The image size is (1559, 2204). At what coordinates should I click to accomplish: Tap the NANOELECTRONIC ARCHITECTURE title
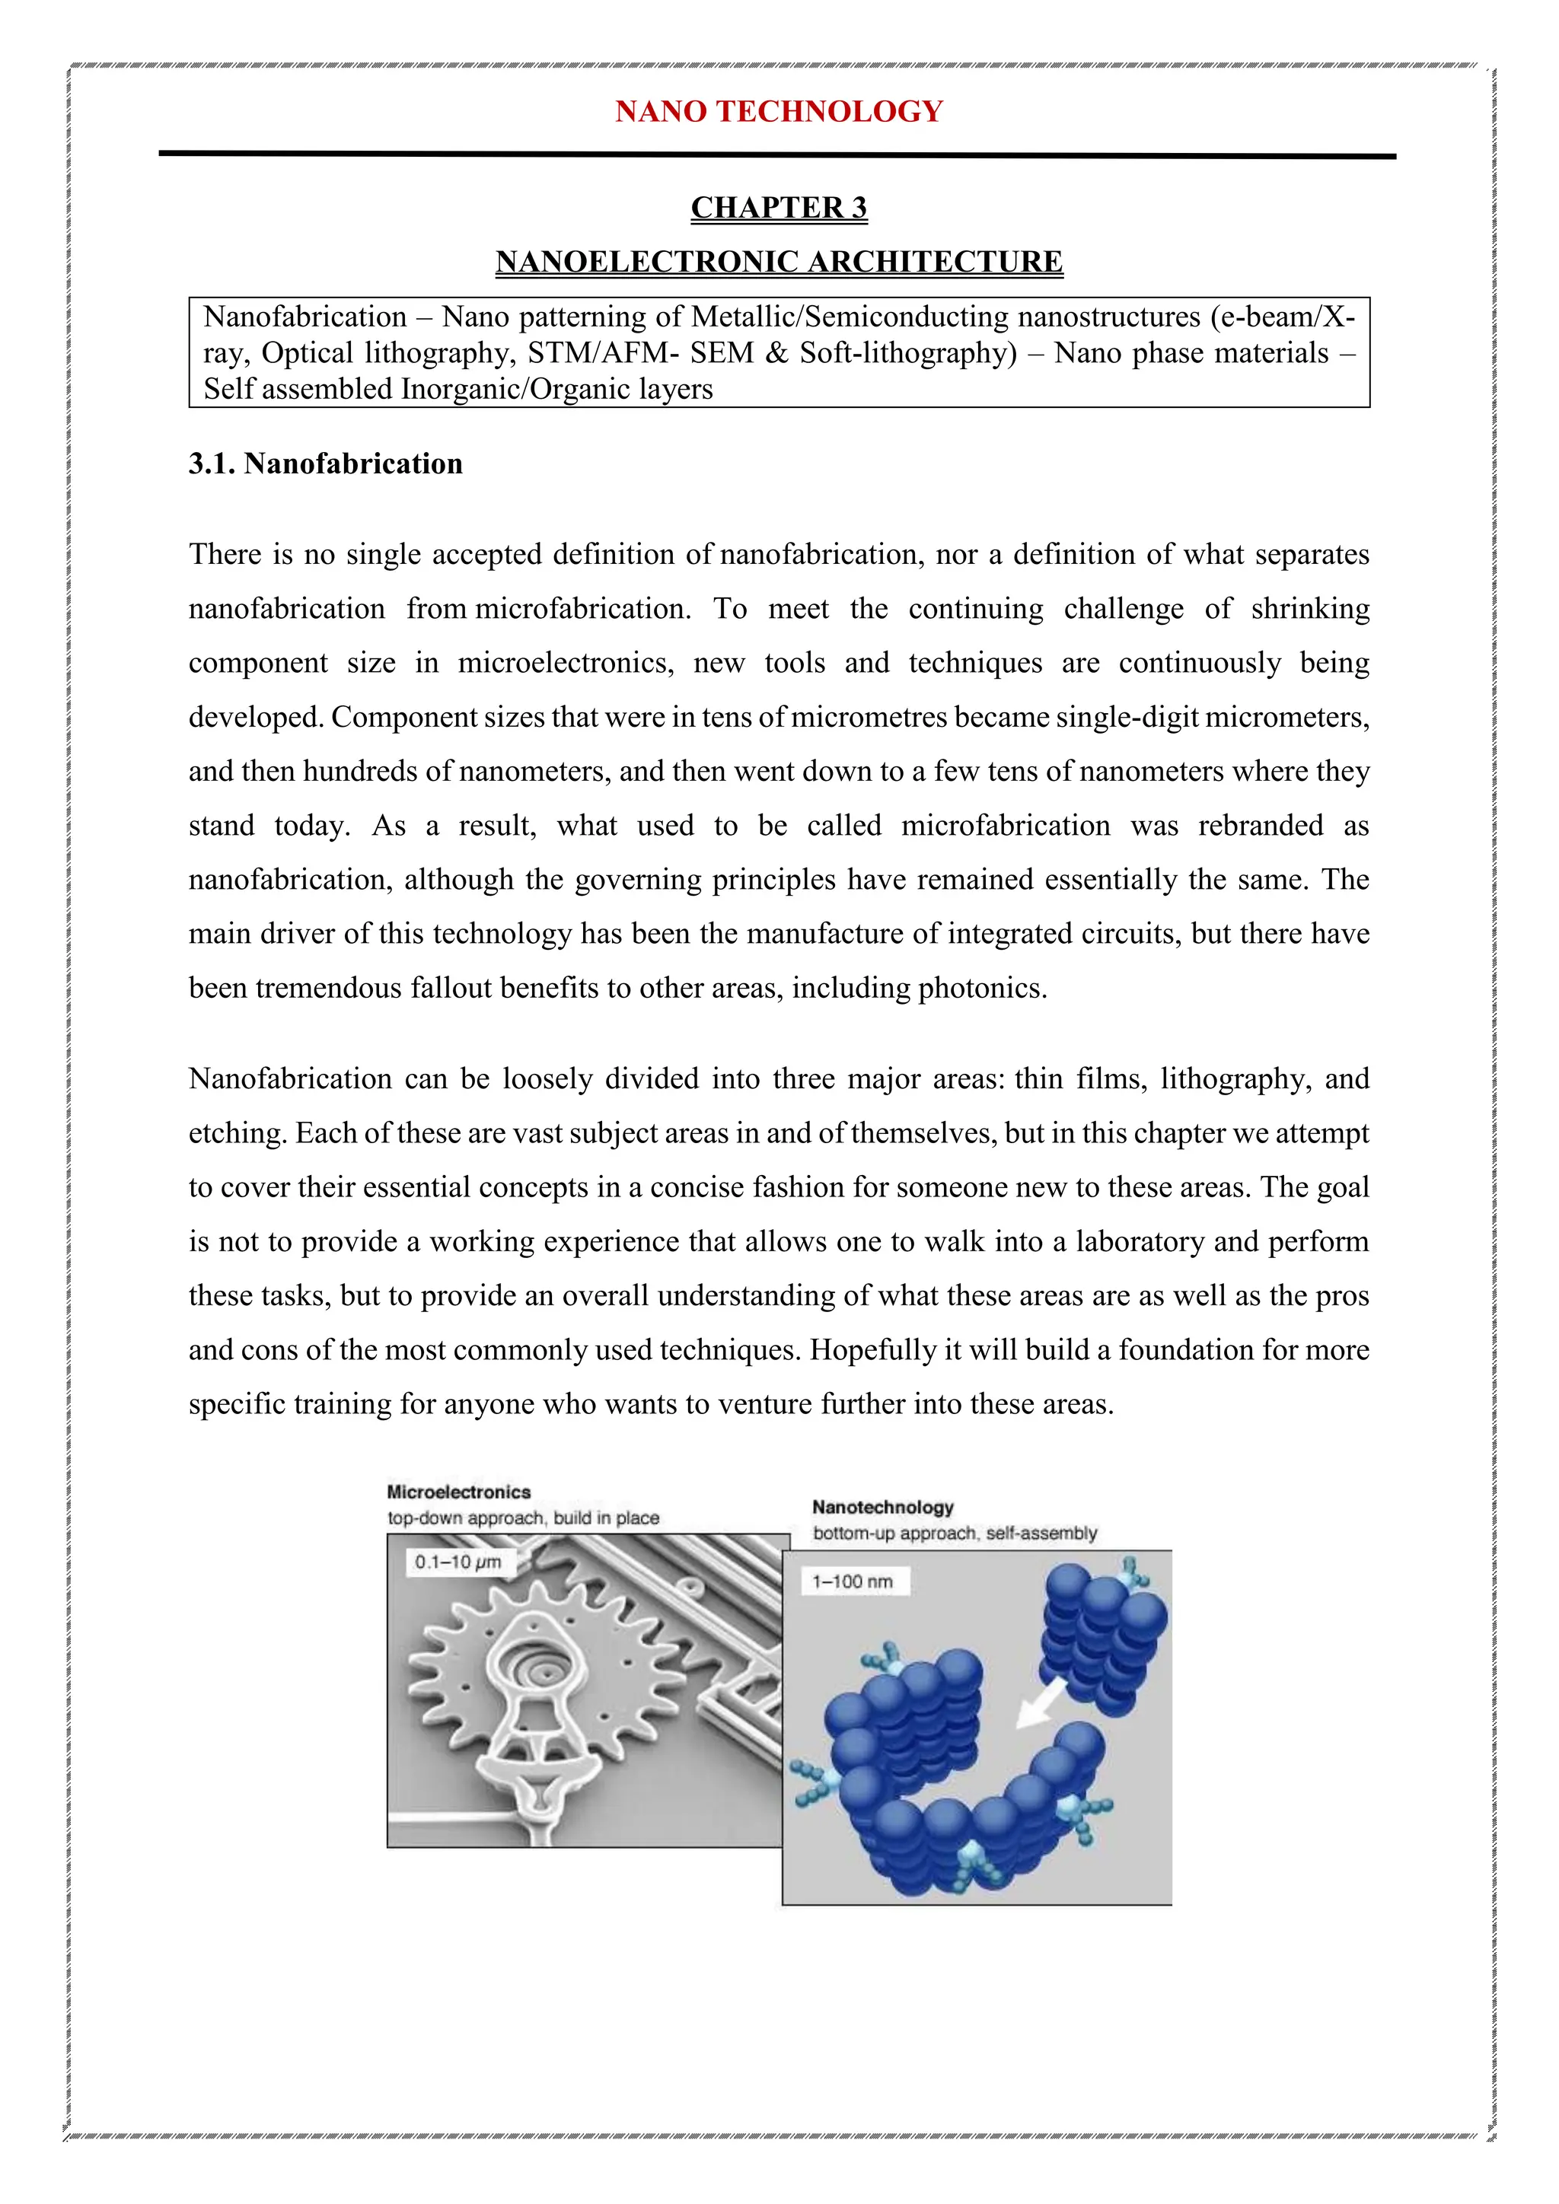pos(779,261)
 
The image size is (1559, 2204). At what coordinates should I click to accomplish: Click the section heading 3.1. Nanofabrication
pos(326,463)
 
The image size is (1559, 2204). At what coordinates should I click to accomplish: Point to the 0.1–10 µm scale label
pos(458,1562)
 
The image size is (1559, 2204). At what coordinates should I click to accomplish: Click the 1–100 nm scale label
pos(853,1581)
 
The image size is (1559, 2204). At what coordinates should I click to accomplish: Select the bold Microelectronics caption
pos(458,1492)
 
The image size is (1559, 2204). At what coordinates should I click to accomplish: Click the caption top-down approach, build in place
pos(523,1518)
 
